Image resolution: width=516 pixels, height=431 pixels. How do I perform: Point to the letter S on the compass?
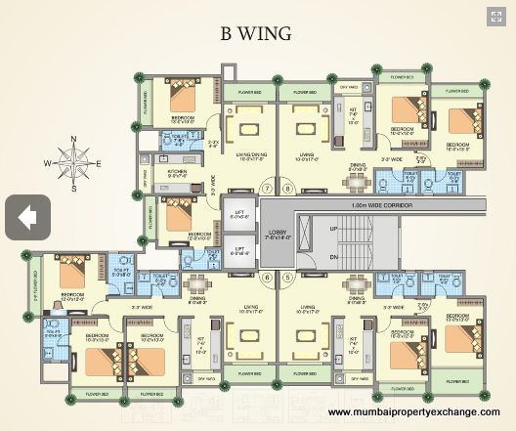tap(72, 187)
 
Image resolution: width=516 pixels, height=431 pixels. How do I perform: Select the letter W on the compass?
tap(47, 164)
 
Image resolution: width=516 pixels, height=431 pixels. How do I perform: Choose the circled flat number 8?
tap(287, 188)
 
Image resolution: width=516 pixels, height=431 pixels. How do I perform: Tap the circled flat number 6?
tap(265, 277)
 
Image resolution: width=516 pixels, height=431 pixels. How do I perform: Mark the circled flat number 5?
tap(287, 277)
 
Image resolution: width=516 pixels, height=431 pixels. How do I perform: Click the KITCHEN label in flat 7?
tap(176, 174)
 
